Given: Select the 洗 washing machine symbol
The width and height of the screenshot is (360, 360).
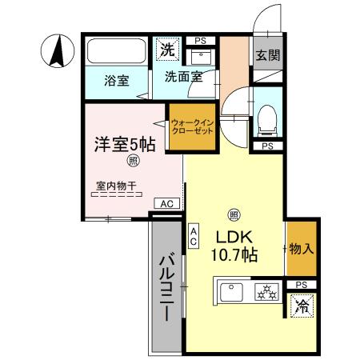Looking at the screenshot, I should click(167, 50).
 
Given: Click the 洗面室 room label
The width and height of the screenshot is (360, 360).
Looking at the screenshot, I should click(183, 78).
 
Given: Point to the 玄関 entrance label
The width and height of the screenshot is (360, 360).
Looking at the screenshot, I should click(266, 55).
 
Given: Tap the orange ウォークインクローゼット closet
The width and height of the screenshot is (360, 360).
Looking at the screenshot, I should click(192, 128).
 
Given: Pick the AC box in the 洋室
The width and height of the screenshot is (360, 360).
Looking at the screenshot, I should click(166, 204).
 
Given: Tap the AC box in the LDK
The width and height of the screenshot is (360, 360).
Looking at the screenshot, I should click(194, 236).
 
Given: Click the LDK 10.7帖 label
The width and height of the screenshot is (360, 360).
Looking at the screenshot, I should click(233, 246).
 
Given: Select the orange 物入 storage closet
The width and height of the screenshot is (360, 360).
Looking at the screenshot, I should click(301, 249).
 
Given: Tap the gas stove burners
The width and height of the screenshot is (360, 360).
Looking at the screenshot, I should click(266, 293).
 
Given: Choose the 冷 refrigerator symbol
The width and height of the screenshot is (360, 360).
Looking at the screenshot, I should click(302, 306).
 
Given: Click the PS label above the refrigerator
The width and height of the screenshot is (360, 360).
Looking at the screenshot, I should click(301, 285).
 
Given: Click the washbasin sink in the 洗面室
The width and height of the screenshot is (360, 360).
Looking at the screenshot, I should click(199, 56).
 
